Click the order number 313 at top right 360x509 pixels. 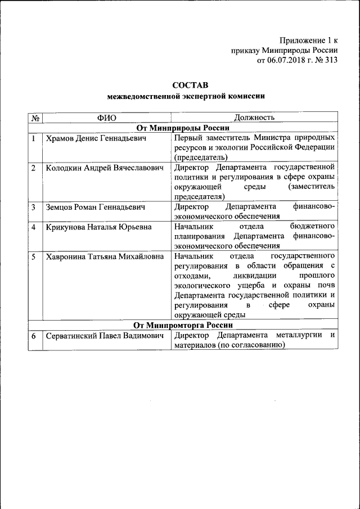click(330, 60)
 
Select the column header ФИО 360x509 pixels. click(106, 118)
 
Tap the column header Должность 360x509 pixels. click(254, 118)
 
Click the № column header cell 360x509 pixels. click(35, 118)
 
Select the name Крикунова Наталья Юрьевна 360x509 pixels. click(99, 227)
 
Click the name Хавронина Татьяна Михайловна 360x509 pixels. click(105, 256)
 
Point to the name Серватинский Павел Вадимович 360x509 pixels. click(105, 336)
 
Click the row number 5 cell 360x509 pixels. click(34, 256)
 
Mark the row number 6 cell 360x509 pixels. click(34, 336)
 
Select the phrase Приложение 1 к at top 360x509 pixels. click(308, 40)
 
